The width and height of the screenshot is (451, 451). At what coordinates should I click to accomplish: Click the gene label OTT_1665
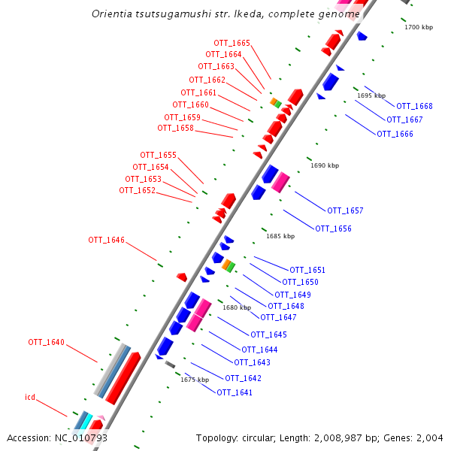[x=232, y=44]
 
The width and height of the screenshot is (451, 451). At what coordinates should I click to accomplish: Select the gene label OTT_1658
[x=176, y=129]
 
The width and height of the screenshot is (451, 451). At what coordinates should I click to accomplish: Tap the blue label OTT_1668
[x=414, y=106]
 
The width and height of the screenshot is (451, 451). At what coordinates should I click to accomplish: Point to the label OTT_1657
[x=345, y=210]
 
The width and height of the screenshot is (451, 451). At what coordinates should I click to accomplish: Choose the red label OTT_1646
[x=106, y=241]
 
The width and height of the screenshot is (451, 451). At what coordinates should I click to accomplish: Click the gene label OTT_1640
[x=47, y=343]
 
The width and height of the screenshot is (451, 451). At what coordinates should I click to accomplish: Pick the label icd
[x=30, y=396]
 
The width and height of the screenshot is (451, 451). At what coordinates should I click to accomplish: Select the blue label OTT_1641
[x=235, y=392]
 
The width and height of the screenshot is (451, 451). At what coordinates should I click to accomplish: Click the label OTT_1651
[x=307, y=270]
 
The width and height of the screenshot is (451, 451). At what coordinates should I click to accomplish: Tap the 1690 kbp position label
[x=325, y=165]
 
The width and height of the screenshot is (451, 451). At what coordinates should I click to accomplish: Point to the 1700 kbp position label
[x=419, y=27]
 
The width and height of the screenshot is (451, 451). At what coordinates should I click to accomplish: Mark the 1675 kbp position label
[x=194, y=380]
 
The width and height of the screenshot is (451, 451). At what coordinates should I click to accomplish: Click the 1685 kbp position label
[x=280, y=236]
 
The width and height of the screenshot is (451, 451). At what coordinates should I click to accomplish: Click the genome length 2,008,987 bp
[x=339, y=438]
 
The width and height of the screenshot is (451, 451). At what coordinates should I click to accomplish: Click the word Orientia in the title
[x=114, y=14]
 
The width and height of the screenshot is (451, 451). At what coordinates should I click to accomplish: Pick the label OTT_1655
[x=159, y=156]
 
